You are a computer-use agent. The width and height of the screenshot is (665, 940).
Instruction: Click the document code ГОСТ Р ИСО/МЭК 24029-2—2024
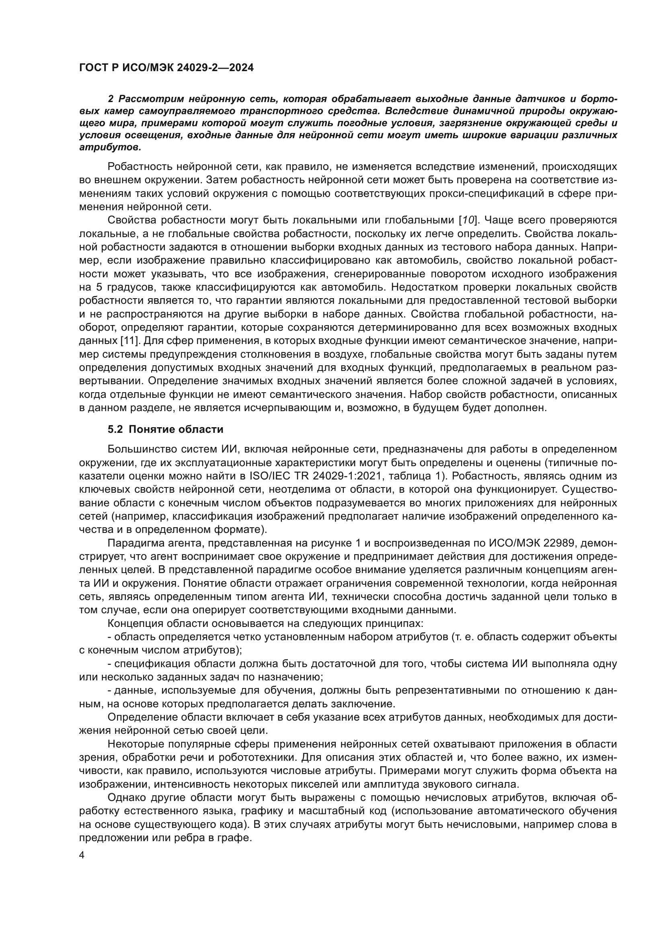tap(166, 68)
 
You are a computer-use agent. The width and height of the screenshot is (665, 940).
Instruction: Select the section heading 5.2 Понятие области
tap(165, 429)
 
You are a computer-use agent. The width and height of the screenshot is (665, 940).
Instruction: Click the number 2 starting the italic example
tap(111, 99)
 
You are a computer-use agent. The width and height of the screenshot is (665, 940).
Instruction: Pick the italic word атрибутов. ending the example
tap(110, 147)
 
